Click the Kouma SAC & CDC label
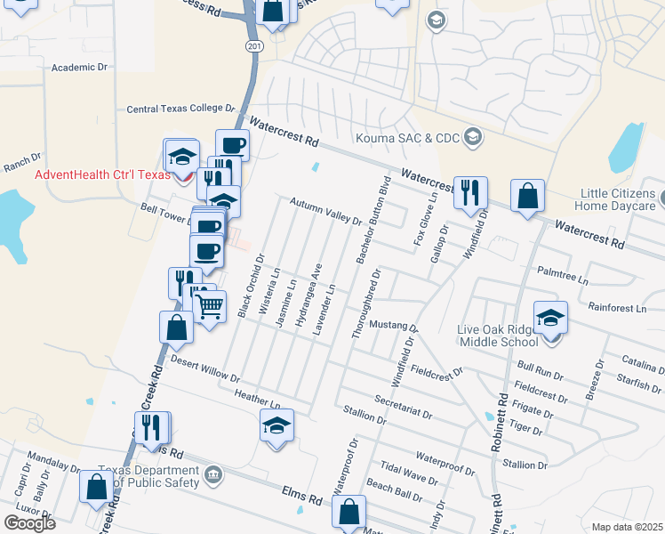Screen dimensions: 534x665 point(405,138)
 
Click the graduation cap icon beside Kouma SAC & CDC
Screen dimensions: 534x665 point(473,136)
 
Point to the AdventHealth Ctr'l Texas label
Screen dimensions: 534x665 point(101,174)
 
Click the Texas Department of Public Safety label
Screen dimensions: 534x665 point(148,477)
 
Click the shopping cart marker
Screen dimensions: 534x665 point(209,308)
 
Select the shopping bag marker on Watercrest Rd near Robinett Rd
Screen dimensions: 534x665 point(528,197)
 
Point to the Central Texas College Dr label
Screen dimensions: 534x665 point(180,109)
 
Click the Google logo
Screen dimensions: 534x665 point(29,522)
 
